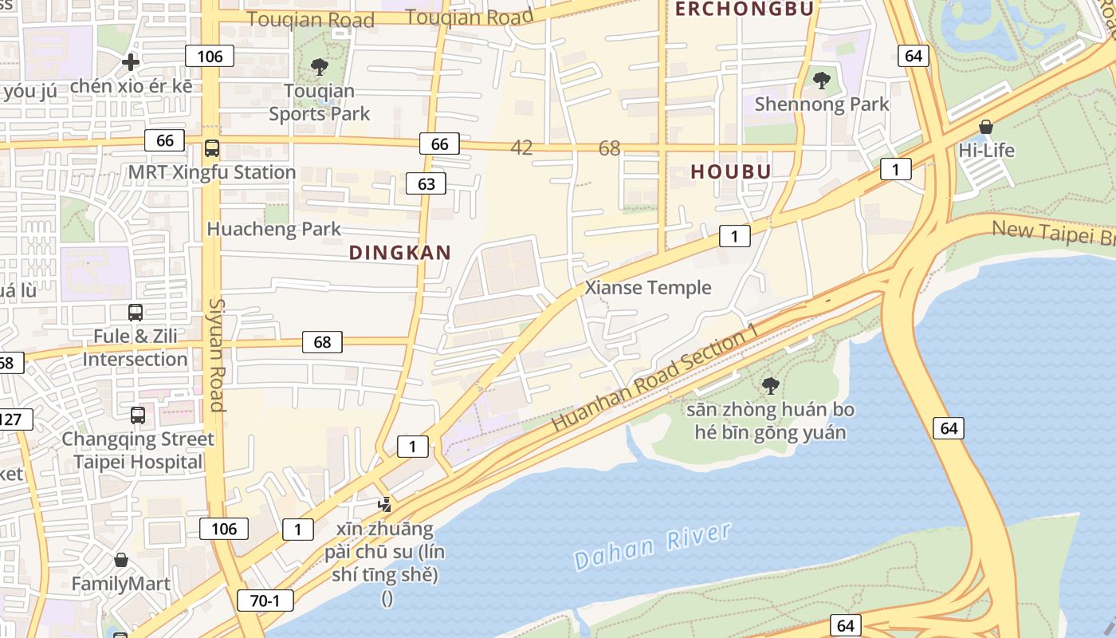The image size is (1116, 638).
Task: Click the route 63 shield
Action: [x=426, y=184]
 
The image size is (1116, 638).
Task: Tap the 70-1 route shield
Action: [x=265, y=601]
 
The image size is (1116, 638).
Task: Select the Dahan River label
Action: [x=652, y=546]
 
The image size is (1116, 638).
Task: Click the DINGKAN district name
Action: [x=400, y=253]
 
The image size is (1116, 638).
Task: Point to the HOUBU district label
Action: [x=730, y=171]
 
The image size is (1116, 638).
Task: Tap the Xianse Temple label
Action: [x=647, y=288]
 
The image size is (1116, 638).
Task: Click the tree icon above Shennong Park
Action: [x=821, y=80]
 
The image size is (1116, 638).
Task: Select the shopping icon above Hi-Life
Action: [x=986, y=127]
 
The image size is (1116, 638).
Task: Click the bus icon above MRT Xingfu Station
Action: [x=212, y=148]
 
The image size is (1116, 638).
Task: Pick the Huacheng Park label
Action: [x=273, y=229]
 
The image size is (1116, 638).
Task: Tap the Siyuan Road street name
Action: [x=217, y=355]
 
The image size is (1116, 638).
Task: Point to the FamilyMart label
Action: [x=120, y=584]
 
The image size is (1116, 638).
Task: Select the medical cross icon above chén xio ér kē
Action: [x=131, y=62]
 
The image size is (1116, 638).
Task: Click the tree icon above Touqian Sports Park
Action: [x=320, y=67]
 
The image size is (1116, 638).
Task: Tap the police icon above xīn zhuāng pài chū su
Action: [x=385, y=504]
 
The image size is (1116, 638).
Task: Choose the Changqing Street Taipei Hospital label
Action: [x=138, y=451]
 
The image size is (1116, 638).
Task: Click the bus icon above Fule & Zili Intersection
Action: [x=136, y=313]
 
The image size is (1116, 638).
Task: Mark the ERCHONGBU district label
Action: [x=745, y=9]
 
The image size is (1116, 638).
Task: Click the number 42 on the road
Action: [x=521, y=148]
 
